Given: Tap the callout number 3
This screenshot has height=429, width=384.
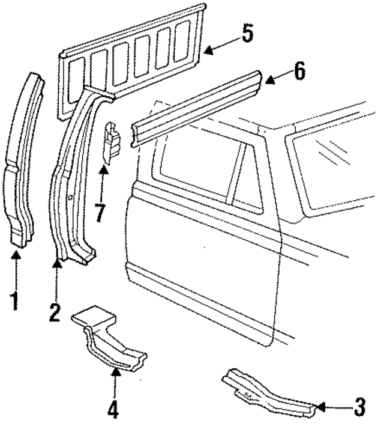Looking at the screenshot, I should click(x=359, y=408).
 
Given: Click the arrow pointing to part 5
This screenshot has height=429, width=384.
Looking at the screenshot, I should click(x=222, y=45).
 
